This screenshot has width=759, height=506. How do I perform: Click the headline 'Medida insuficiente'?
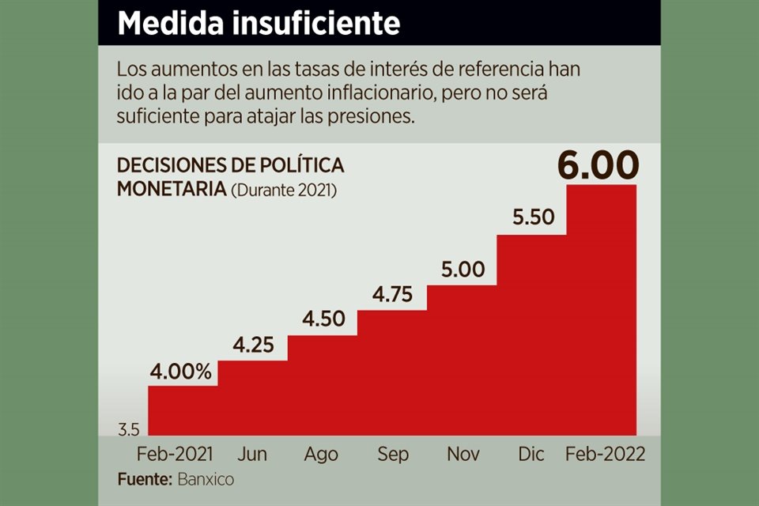[259, 24]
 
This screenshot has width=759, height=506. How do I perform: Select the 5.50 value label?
[534, 217]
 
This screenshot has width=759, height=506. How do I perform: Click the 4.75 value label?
[393, 294]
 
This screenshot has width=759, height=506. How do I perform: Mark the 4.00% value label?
[183, 372]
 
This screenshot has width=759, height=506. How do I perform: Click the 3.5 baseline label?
[129, 430]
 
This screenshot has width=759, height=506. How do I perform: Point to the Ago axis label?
[321, 455]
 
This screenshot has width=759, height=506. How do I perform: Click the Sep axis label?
[392, 455]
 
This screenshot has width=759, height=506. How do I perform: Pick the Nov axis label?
[463, 455]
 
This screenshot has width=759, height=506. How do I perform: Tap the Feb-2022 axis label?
[606, 455]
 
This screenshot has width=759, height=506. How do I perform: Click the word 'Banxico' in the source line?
[205, 479]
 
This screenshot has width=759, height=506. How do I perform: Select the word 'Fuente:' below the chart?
[145, 479]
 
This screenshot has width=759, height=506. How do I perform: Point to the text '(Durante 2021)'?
[283, 191]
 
